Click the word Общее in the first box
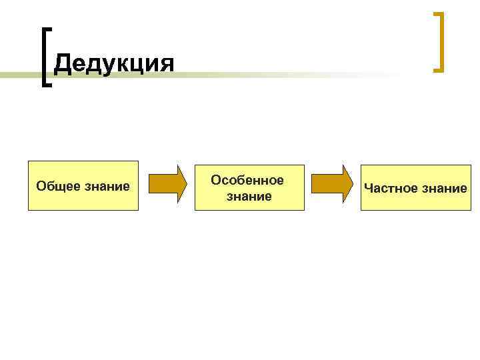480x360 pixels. [x=59, y=186]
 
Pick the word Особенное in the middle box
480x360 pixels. [x=247, y=180]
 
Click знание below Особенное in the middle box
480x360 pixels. [x=249, y=197]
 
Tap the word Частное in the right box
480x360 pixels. [x=389, y=188]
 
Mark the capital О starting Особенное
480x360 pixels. [x=216, y=180]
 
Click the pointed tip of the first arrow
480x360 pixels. [x=187, y=183]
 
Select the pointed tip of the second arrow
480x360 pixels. [x=353, y=183]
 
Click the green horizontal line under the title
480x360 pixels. [x=267, y=75]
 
